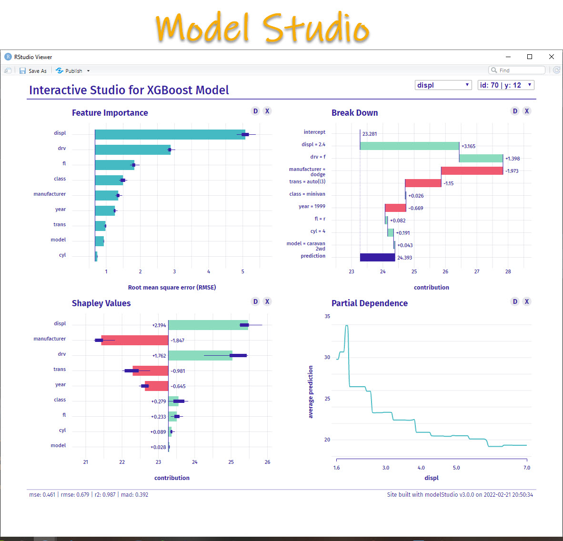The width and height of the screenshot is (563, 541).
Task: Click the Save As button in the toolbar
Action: tap(33, 71)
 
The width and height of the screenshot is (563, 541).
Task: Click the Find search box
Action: tap(517, 70)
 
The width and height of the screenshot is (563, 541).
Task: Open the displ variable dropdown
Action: tap(443, 85)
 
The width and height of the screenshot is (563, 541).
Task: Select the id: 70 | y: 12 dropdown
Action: tap(505, 85)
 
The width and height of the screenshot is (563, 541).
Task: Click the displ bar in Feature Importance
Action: tap(170, 135)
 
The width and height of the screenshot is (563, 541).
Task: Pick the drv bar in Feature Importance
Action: tap(132, 150)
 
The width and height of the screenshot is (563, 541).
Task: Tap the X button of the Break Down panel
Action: tap(527, 111)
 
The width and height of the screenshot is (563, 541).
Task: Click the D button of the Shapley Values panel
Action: tap(255, 301)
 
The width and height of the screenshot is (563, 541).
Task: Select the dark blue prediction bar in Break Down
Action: tap(377, 257)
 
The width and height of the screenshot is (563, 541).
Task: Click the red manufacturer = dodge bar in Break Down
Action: tap(472, 171)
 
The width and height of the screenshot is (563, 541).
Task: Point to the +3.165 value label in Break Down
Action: tap(468, 146)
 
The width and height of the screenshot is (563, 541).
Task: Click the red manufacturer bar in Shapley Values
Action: tap(135, 341)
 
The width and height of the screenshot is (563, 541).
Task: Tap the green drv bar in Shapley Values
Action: tap(201, 355)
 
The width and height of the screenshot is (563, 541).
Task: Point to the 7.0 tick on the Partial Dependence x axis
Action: tap(526, 467)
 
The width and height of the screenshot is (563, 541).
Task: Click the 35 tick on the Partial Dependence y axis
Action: tap(327, 316)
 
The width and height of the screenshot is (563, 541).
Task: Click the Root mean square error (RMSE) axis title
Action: tap(172, 287)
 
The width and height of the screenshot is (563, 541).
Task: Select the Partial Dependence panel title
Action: tap(370, 303)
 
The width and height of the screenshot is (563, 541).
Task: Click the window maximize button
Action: tap(529, 57)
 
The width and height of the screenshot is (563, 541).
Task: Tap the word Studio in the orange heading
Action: tap(316, 28)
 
